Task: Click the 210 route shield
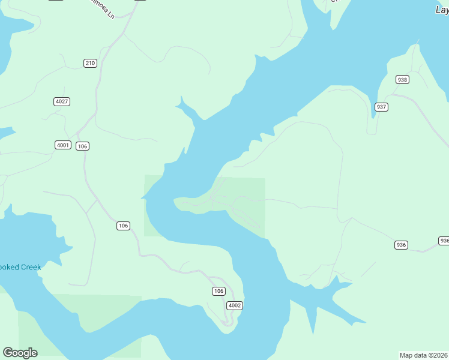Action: tap(90, 63)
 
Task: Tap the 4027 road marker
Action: tap(62, 101)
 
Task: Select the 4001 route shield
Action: tap(62, 145)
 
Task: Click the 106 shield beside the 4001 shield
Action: tap(83, 146)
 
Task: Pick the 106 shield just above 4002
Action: tap(218, 291)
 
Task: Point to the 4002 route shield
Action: tap(235, 305)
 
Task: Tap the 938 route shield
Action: tap(402, 79)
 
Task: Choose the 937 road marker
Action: tap(381, 107)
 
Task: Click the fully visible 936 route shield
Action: tap(402, 245)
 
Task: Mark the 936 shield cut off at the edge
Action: tap(444, 241)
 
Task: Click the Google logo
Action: tap(20, 353)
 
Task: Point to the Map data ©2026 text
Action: tap(424, 355)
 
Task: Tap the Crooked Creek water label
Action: tap(19, 267)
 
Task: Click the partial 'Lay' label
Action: tap(441, 9)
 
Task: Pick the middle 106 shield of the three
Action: tap(123, 226)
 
